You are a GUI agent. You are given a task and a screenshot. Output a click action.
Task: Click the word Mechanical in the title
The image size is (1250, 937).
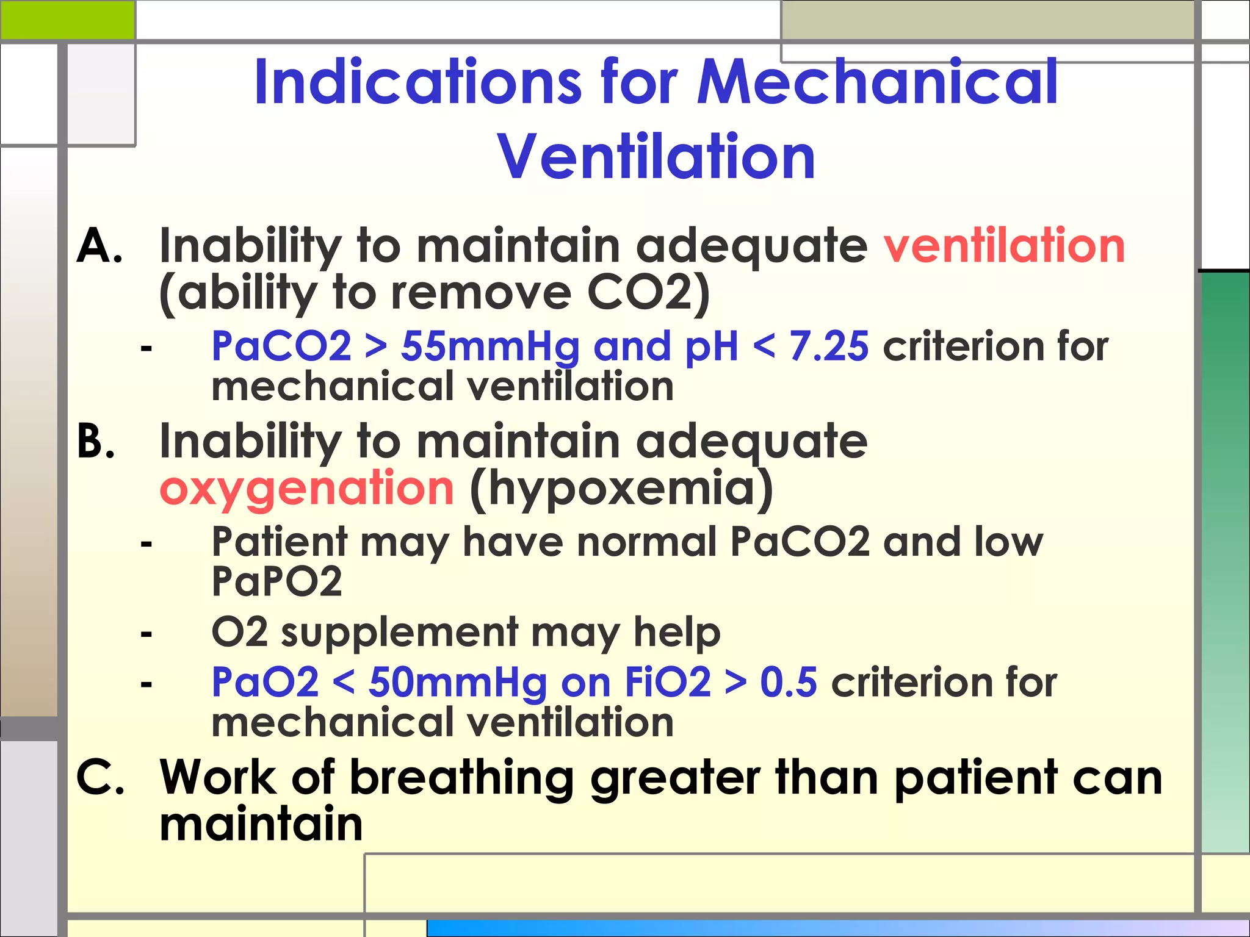point(878,82)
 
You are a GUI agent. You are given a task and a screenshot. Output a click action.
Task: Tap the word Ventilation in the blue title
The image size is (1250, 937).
point(657,157)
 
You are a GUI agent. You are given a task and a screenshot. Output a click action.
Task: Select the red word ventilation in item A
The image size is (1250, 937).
point(1004,246)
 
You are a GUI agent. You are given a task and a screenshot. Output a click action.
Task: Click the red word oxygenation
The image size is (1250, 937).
point(306,489)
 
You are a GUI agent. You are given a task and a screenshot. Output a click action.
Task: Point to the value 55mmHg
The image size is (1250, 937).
point(490,346)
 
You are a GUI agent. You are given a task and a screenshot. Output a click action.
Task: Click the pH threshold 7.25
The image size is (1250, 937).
point(828,346)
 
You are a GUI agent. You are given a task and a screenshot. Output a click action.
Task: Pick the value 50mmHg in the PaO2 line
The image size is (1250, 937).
point(458,682)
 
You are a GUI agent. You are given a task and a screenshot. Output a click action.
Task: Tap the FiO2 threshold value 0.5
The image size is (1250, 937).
point(788,682)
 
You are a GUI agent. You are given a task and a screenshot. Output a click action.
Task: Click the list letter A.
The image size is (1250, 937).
point(99,246)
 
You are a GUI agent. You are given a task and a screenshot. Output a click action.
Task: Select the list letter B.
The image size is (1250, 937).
point(96,441)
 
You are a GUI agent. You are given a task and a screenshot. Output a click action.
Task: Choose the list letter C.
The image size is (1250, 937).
point(101,778)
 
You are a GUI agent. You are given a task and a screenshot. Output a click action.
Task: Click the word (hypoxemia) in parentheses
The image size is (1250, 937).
point(621,489)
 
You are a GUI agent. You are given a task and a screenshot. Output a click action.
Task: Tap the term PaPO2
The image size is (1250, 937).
point(276,581)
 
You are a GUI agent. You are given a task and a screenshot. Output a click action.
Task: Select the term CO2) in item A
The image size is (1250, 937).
point(648,293)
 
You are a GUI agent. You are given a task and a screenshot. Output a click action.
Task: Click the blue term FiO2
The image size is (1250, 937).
point(668,682)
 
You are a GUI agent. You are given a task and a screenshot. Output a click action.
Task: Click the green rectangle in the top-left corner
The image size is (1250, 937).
point(67,20)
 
